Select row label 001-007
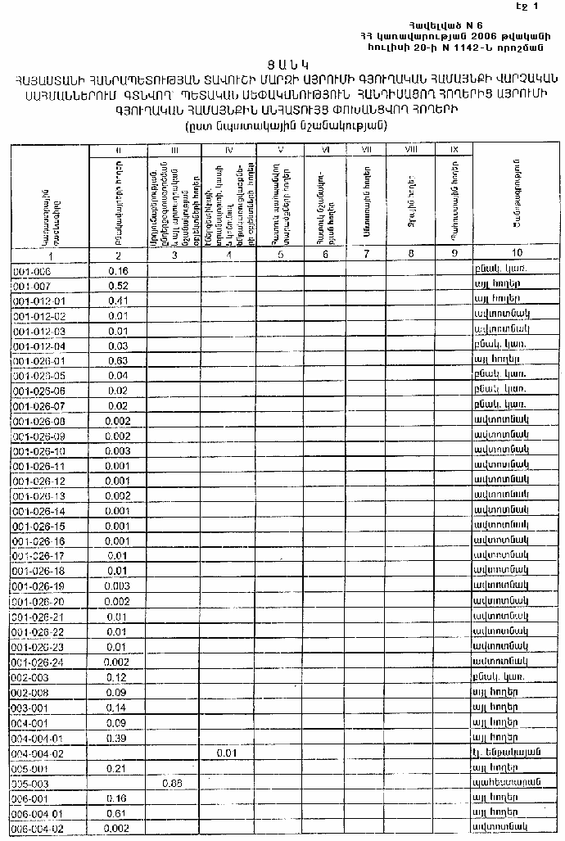point(32,286)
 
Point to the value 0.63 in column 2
point(118,359)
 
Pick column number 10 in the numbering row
point(516,255)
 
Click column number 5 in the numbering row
point(280,255)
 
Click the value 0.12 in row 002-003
point(118,678)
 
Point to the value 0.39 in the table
point(118,737)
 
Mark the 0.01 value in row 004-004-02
point(228,752)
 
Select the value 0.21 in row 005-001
point(118,767)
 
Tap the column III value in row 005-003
point(172,782)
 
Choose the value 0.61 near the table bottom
point(118,812)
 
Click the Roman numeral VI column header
point(325,150)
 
